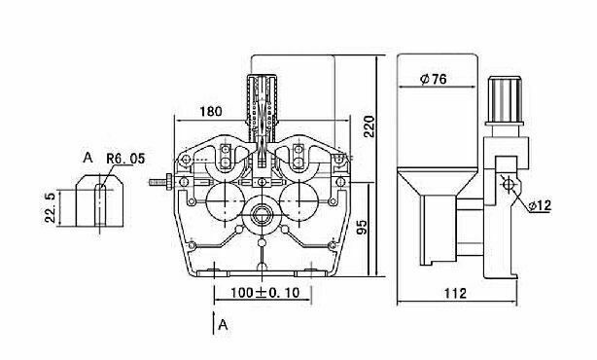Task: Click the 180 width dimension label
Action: [211, 111]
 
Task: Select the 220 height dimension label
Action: [369, 126]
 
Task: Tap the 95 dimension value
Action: [362, 227]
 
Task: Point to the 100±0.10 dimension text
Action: [265, 293]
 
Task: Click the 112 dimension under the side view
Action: [455, 293]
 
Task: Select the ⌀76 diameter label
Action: [434, 79]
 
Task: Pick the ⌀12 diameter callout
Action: [540, 205]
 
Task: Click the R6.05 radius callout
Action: [125, 159]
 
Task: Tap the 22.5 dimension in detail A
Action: [50, 207]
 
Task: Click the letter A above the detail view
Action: [88, 157]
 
